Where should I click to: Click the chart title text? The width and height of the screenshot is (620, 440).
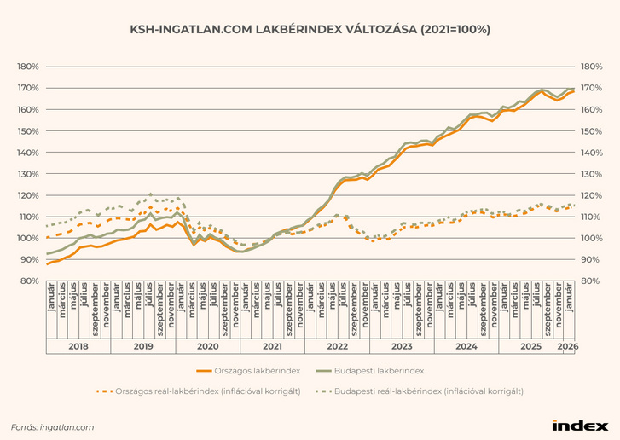click(310, 29)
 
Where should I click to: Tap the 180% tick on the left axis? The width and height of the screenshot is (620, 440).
click(28, 67)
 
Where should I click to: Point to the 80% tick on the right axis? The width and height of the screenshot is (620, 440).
click(592, 281)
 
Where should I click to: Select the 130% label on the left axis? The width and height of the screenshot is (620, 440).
click(28, 174)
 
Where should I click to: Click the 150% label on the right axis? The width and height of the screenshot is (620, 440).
click(592, 131)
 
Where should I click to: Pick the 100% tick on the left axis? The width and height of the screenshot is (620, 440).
click(28, 238)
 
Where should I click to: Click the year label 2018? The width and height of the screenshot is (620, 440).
click(78, 347)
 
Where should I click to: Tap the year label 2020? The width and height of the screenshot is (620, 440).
click(208, 347)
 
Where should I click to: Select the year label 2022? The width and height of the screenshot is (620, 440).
click(337, 347)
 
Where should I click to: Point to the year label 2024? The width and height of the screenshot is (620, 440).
click(466, 347)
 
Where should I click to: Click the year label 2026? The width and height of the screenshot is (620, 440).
click(567, 347)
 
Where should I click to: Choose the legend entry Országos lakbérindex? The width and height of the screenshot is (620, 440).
click(258, 371)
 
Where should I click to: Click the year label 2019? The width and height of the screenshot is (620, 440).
click(143, 347)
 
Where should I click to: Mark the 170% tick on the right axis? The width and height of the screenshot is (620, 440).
click(592, 88)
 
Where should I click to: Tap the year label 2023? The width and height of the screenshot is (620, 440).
click(401, 347)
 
